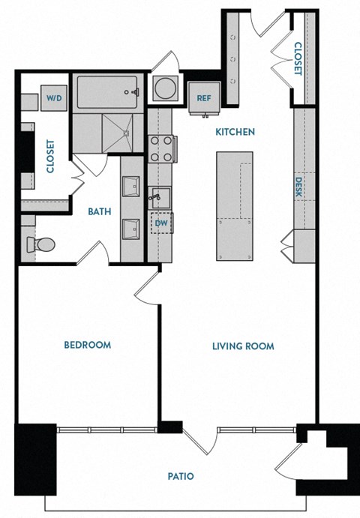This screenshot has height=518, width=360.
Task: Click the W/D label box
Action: coord(55,98)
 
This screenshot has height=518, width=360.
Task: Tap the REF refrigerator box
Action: coord(203,98)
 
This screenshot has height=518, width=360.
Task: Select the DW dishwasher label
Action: coord(160,223)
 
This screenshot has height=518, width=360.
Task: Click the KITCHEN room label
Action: coord(235,132)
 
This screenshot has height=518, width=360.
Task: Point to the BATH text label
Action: coord(99,211)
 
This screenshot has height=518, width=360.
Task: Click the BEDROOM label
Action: coord(87,345)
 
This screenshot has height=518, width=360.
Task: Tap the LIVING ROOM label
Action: coord(242,346)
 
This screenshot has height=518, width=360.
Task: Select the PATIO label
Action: coord(181,476)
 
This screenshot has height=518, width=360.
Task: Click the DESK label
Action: coord(298,187)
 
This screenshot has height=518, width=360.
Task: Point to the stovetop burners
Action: coord(160,148)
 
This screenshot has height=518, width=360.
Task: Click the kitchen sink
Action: coord(159,197)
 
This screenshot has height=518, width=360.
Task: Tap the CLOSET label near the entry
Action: coord(298,58)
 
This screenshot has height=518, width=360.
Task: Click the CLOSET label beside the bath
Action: coord(51,157)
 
